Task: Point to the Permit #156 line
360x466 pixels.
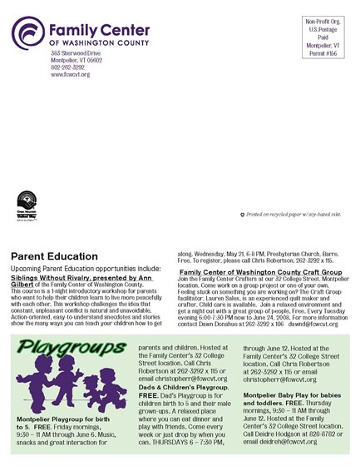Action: (323, 52)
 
